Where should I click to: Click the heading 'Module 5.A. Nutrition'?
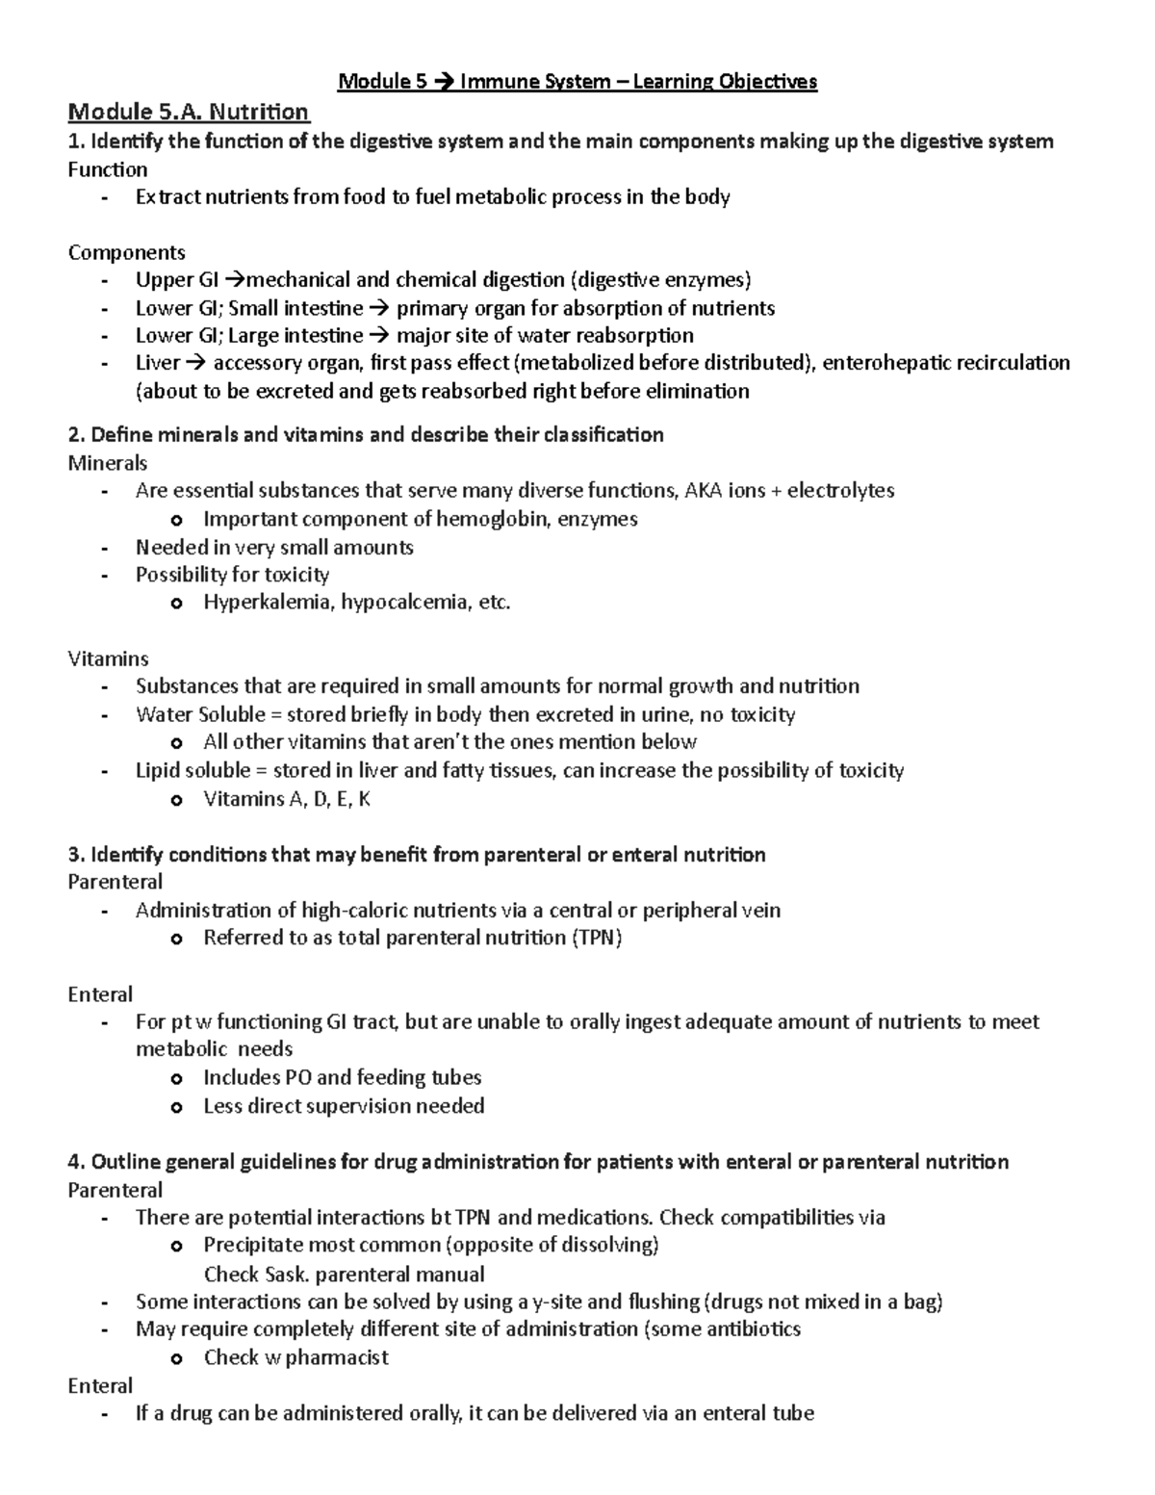188,112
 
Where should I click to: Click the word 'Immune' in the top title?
495,82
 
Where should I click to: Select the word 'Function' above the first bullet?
107,169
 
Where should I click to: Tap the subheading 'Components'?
126,252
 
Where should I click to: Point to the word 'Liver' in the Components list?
158,363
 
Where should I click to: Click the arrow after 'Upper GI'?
235,280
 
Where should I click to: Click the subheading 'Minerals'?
108,463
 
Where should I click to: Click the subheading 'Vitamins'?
108,658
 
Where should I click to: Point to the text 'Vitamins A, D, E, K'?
287,799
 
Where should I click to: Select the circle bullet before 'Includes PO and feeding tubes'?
175,1079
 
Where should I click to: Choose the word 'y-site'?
556,1302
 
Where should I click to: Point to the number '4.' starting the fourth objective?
77,1162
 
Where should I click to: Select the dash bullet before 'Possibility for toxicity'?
104,576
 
